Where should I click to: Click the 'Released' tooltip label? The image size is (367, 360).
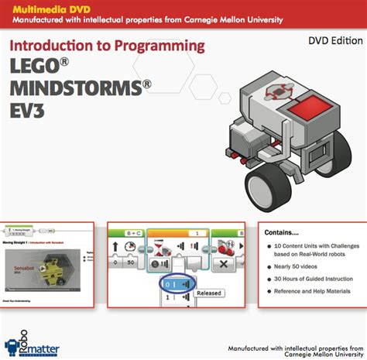pos(208,293)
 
